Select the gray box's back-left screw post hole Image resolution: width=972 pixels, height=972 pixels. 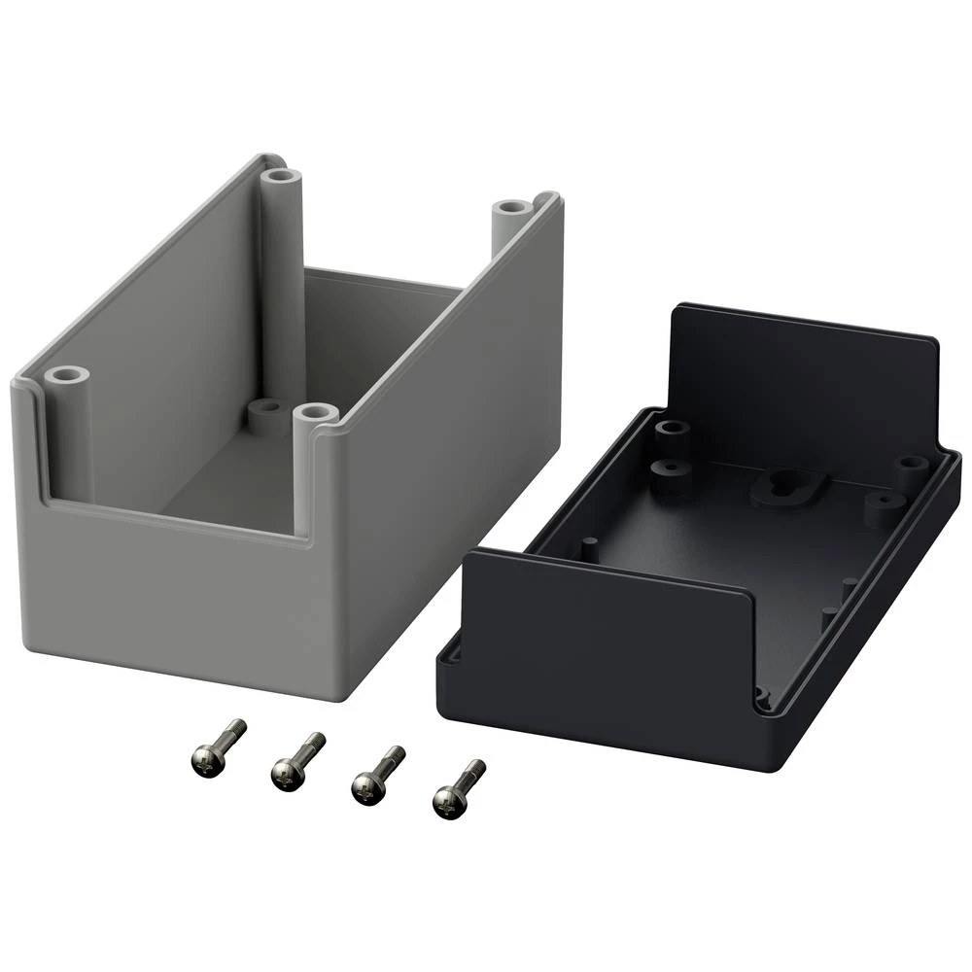point(282,178)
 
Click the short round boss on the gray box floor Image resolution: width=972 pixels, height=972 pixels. point(264,410)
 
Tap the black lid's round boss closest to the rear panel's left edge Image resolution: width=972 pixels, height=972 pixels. point(669,429)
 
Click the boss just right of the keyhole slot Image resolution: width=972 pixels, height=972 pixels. point(883,503)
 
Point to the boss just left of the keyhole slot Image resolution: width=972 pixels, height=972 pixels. point(672,472)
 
